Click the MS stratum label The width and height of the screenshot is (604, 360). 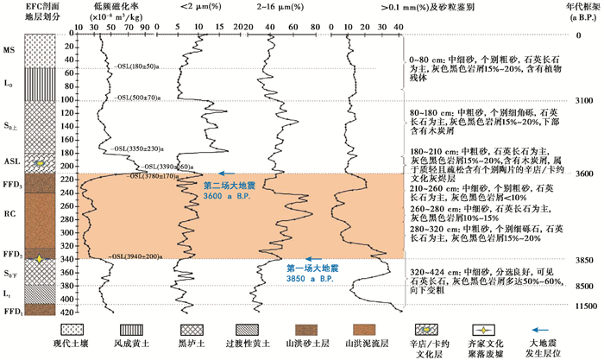[9, 50]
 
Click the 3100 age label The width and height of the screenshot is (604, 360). [584, 101]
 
